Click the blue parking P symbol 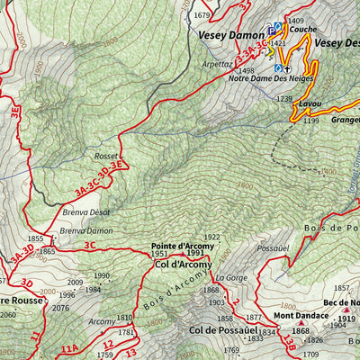(271, 28)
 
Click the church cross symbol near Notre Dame (288, 67)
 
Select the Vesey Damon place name (226, 35)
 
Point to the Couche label (302, 29)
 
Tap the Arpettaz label (217, 65)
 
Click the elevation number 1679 (202, 15)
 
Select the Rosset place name (106, 155)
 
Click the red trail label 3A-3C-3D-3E (99, 177)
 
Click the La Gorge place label (229, 278)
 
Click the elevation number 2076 (60, 308)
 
